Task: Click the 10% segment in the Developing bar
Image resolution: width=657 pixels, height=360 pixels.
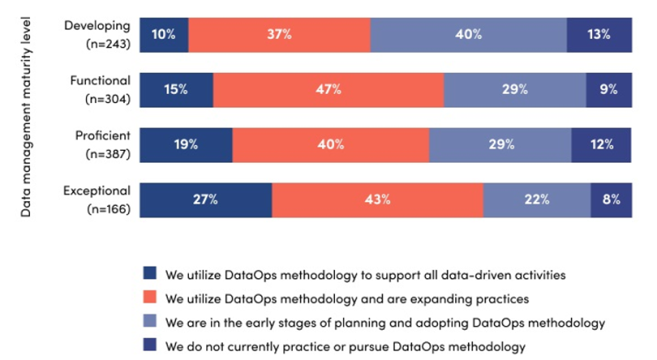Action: [164, 34]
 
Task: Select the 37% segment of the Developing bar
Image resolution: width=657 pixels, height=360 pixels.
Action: [279, 34]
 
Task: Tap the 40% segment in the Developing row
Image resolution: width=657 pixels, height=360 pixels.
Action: [468, 34]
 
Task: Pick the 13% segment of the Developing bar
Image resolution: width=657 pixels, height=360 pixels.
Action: [599, 34]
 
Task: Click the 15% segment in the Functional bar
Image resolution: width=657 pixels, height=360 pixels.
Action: [176, 89]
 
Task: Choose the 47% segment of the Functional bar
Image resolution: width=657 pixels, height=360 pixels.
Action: [328, 89]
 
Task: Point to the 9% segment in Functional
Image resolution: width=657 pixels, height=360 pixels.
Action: [609, 89]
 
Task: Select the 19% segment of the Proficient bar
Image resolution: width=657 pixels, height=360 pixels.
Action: [186, 144]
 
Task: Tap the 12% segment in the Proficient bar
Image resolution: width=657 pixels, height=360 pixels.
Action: [602, 144]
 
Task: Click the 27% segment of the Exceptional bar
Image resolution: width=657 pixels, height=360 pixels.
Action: [205, 200]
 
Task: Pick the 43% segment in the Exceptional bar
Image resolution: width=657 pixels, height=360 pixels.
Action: [377, 200]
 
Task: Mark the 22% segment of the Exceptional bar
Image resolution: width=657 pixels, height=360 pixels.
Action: [536, 200]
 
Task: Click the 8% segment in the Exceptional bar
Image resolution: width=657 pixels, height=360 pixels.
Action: [612, 200]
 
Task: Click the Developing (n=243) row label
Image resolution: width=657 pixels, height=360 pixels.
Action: [97, 34]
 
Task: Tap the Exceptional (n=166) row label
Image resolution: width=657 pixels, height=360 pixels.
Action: [97, 200]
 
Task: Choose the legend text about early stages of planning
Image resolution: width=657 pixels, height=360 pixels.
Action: [384, 322]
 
